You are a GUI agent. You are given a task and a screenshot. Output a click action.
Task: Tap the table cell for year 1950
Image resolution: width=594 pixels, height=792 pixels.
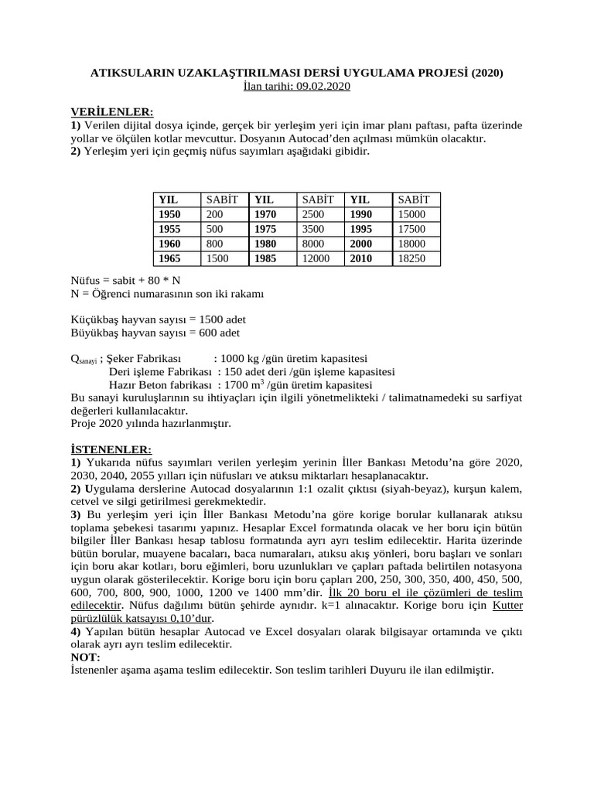[x=169, y=213]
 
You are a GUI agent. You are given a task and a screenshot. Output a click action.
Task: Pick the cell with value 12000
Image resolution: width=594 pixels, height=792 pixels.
[x=318, y=258]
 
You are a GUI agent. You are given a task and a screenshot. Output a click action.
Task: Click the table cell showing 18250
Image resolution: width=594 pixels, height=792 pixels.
[x=411, y=258]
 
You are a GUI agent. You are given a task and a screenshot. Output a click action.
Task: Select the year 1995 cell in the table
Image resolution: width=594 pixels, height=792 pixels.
[x=361, y=229]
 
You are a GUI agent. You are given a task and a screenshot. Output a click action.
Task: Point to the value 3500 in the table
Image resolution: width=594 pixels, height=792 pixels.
[x=313, y=229]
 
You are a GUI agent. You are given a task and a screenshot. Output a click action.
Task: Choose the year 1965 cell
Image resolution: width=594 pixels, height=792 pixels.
[x=169, y=258]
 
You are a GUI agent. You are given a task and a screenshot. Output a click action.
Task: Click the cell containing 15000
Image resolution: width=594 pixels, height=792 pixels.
[x=411, y=213]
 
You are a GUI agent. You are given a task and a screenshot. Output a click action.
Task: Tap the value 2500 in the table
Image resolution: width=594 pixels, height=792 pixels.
[x=313, y=213]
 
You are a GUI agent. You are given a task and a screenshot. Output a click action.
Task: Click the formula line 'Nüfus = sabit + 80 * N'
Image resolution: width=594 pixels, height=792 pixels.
[x=125, y=281]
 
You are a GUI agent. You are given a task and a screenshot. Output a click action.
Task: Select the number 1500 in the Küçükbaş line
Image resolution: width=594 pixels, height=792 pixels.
[x=213, y=319]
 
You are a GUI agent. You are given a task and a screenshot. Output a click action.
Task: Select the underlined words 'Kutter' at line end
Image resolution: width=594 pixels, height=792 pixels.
[x=507, y=606]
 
